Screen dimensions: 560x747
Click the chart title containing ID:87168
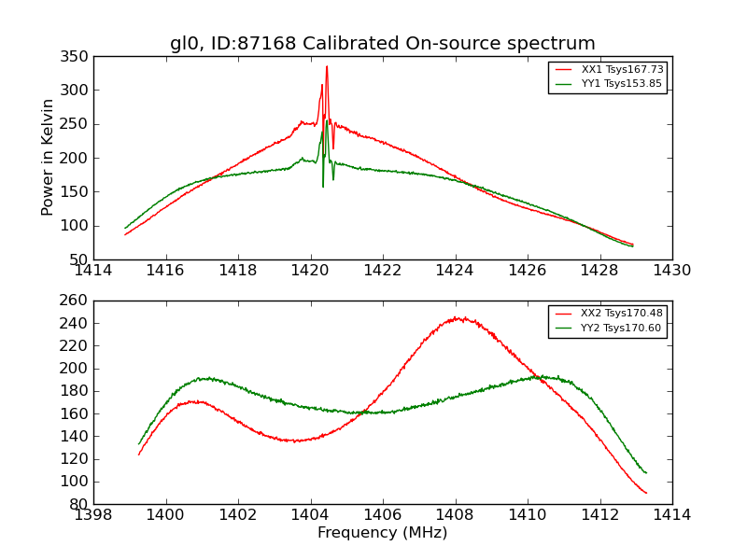(382, 44)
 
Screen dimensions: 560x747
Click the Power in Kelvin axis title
(48, 158)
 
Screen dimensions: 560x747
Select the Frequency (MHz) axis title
(382, 533)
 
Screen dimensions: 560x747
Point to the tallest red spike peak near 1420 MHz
(327, 66)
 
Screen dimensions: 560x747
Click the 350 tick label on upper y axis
(77, 57)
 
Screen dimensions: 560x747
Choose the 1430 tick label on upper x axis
(671, 271)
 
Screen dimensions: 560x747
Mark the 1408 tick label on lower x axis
(455, 515)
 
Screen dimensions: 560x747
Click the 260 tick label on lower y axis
(77, 301)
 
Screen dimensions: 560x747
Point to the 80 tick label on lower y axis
(80, 504)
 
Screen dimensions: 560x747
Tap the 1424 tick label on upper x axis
(455, 271)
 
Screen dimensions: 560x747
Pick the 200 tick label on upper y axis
(77, 158)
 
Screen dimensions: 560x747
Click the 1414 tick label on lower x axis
(671, 515)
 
